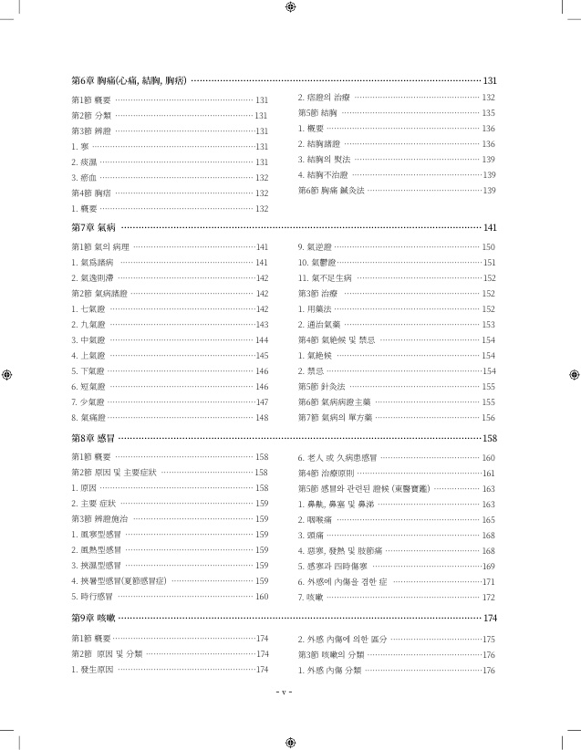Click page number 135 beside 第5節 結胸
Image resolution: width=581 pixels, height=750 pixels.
(488, 113)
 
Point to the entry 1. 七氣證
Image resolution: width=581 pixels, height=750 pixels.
(88, 309)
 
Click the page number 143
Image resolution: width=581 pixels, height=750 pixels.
(262, 325)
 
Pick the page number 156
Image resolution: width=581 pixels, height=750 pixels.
(488, 418)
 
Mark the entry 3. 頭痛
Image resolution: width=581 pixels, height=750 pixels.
(311, 536)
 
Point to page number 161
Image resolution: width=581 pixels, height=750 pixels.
(488, 473)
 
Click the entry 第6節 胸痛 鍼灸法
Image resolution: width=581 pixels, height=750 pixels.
(331, 191)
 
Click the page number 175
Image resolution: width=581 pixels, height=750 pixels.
(488, 640)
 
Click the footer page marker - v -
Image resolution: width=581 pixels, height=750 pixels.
(284, 692)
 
